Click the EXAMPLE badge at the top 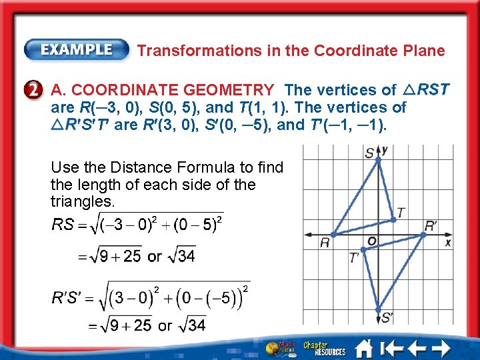point(77,50)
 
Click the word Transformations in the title point(190,51)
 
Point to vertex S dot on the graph point(379,159)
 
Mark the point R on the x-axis point(333,234)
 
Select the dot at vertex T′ point(363,247)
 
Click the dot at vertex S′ point(379,309)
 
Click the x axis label point(448,243)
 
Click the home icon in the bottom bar point(364,348)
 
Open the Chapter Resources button point(325,348)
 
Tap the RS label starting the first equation point(63,224)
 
